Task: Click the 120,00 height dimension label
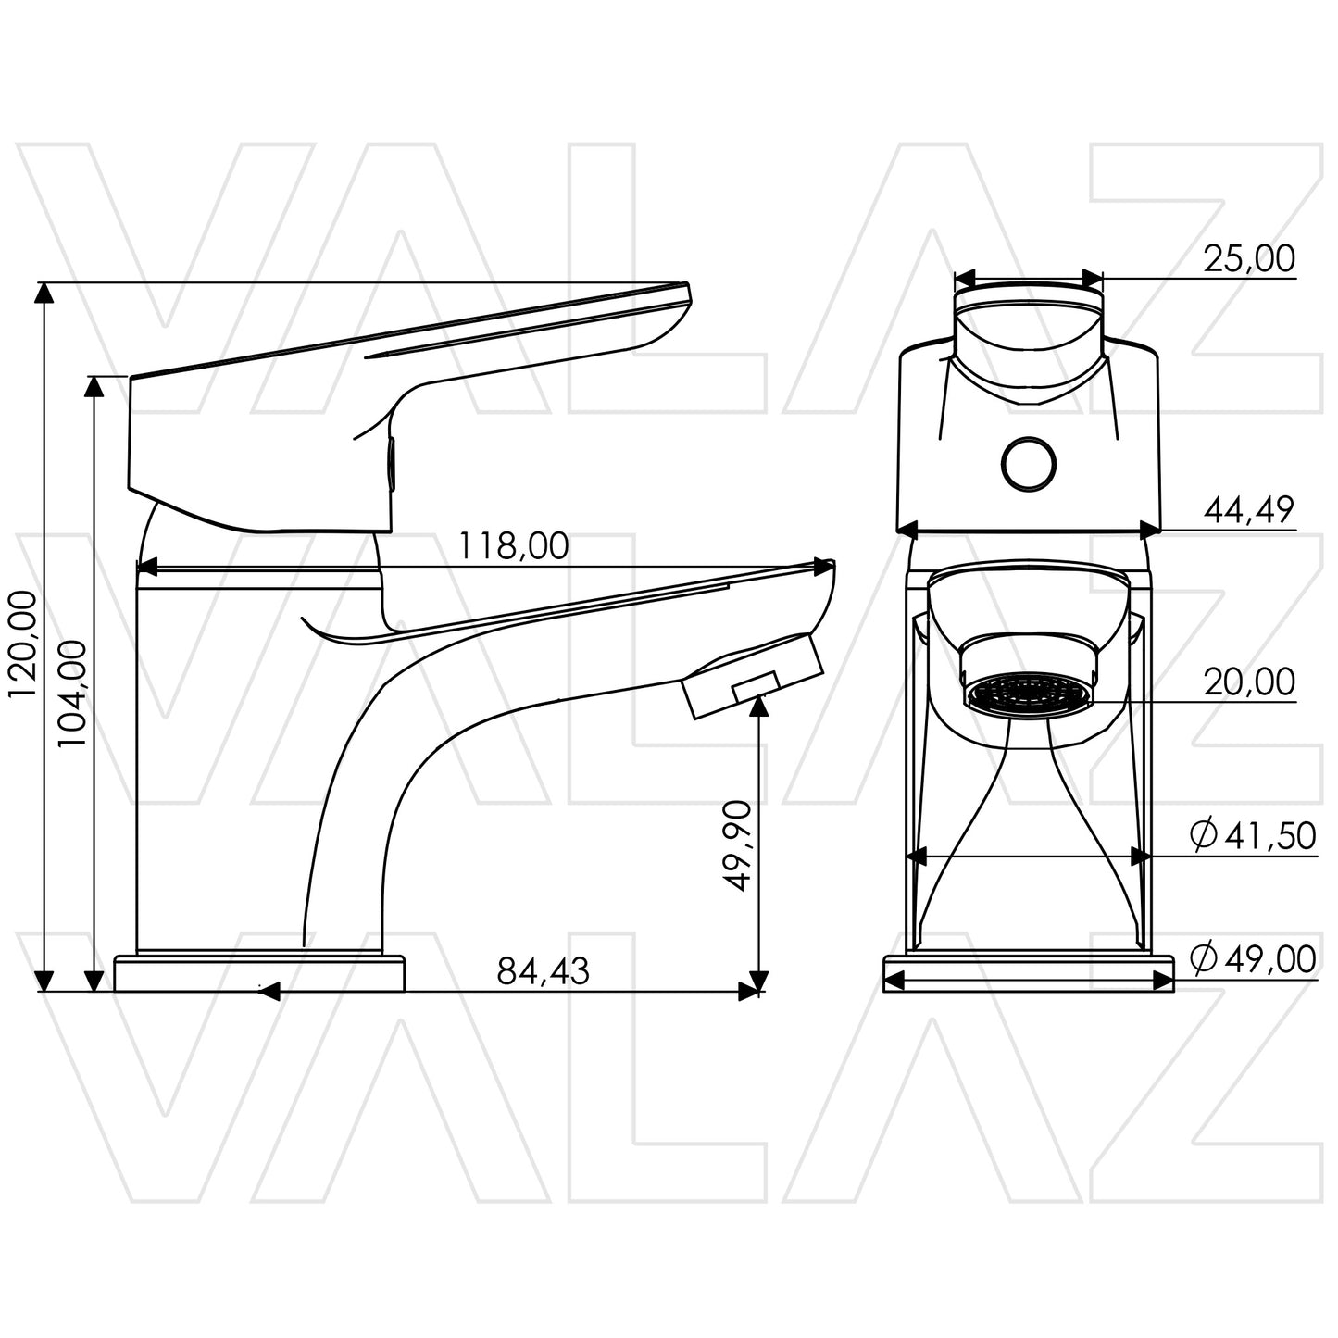[22, 644]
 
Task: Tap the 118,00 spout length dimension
[514, 546]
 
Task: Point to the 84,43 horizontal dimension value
[543, 971]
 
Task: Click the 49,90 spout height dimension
[737, 844]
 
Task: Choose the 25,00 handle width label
[1248, 260]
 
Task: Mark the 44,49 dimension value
[1248, 510]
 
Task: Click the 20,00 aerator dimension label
[1248, 682]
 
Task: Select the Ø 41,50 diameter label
[1253, 836]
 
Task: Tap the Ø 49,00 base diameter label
[1253, 959]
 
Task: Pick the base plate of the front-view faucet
[1029, 974]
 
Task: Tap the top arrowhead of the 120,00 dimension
[43, 293]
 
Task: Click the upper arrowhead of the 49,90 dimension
[758, 706]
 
